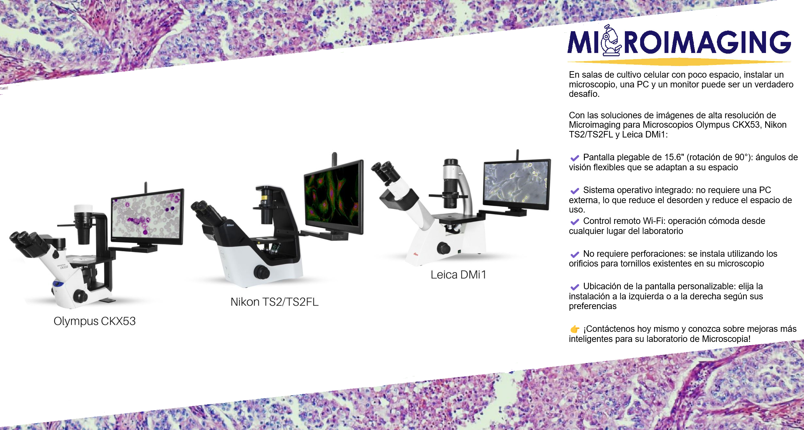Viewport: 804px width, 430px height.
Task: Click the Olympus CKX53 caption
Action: pyautogui.click(x=95, y=321)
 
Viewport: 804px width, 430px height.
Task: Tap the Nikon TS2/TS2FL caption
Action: pyautogui.click(x=274, y=302)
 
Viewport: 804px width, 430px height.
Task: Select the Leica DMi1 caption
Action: pyautogui.click(x=458, y=275)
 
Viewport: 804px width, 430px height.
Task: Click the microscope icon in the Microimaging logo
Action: pyautogui.click(x=611, y=41)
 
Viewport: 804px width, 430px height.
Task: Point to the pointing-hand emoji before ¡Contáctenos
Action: pyautogui.click(x=575, y=329)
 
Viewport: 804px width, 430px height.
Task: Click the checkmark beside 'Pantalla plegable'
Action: pyautogui.click(x=575, y=158)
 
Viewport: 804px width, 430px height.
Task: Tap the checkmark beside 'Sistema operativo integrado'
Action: pyautogui.click(x=575, y=191)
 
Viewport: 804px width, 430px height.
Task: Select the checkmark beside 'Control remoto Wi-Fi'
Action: pyautogui.click(x=575, y=222)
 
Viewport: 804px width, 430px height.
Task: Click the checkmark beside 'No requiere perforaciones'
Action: pyautogui.click(x=575, y=254)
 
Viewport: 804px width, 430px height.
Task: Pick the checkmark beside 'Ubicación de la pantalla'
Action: pyautogui.click(x=575, y=287)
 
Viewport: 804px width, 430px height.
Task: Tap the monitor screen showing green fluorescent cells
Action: pyautogui.click(x=333, y=195)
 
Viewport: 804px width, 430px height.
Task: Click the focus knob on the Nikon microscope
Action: pyautogui.click(x=261, y=272)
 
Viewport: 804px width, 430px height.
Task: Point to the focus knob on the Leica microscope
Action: pyautogui.click(x=443, y=248)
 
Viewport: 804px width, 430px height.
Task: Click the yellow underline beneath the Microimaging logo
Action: pyautogui.click(x=679, y=62)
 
